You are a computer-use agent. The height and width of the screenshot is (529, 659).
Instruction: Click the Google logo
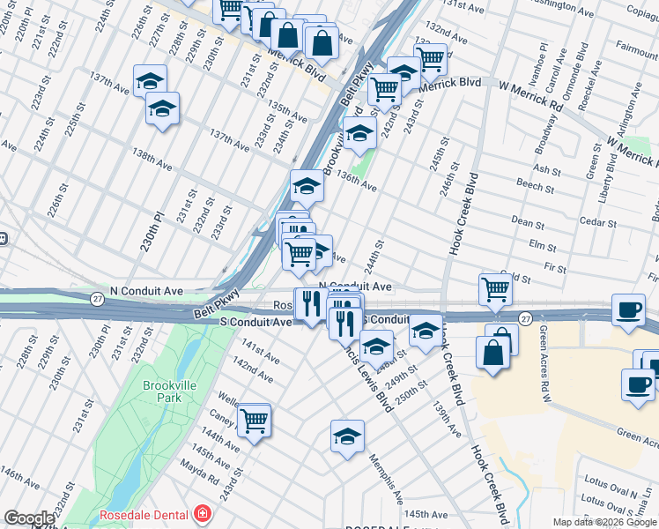pos(29,518)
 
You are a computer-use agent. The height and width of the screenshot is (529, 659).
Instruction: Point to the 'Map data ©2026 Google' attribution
pos(604,522)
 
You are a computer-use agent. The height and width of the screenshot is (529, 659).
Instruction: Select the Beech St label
pos(535,186)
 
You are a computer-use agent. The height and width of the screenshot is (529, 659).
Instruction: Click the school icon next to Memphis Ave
pos(347,436)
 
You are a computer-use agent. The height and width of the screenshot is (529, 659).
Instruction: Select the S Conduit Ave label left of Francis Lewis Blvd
pos(255,323)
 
